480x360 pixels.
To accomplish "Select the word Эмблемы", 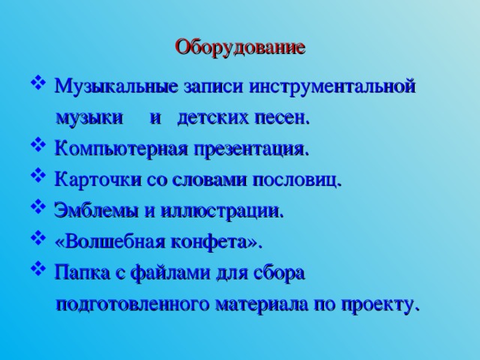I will pyautogui.click(x=88, y=211).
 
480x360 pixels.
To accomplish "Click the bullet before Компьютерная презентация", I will pyautogui.click(x=39, y=148).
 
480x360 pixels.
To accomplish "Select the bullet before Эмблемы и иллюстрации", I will pyautogui.click(x=39, y=210).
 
